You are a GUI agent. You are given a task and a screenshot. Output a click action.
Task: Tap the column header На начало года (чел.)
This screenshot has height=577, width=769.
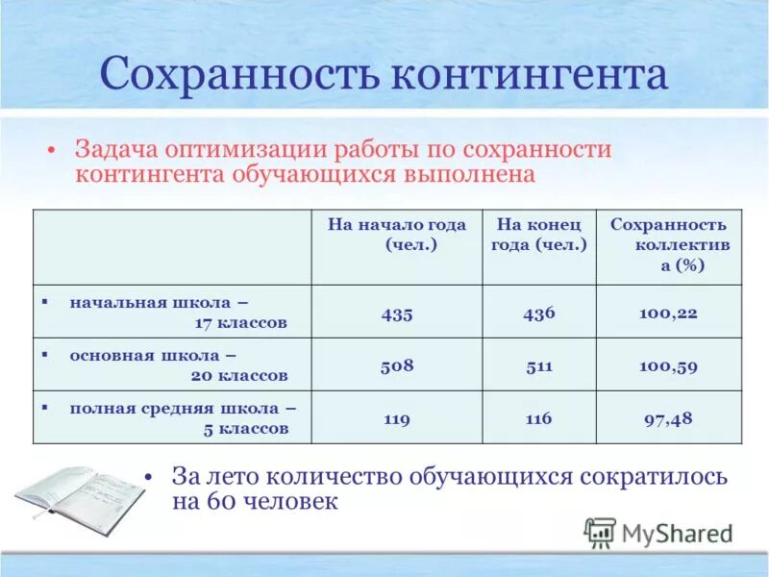click(397, 235)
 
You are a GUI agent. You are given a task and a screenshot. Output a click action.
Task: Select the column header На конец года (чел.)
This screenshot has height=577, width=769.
click(539, 235)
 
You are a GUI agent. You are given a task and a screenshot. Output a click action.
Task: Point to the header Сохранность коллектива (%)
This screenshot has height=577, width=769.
click(669, 245)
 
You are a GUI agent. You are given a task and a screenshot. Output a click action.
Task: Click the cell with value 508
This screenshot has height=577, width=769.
click(396, 365)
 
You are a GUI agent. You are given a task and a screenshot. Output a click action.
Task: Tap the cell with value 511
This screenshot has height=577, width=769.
click(539, 365)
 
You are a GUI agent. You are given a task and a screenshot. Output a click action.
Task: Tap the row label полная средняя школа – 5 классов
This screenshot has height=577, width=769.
click(178, 418)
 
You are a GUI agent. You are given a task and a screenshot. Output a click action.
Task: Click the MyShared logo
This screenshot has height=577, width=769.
click(659, 532)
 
